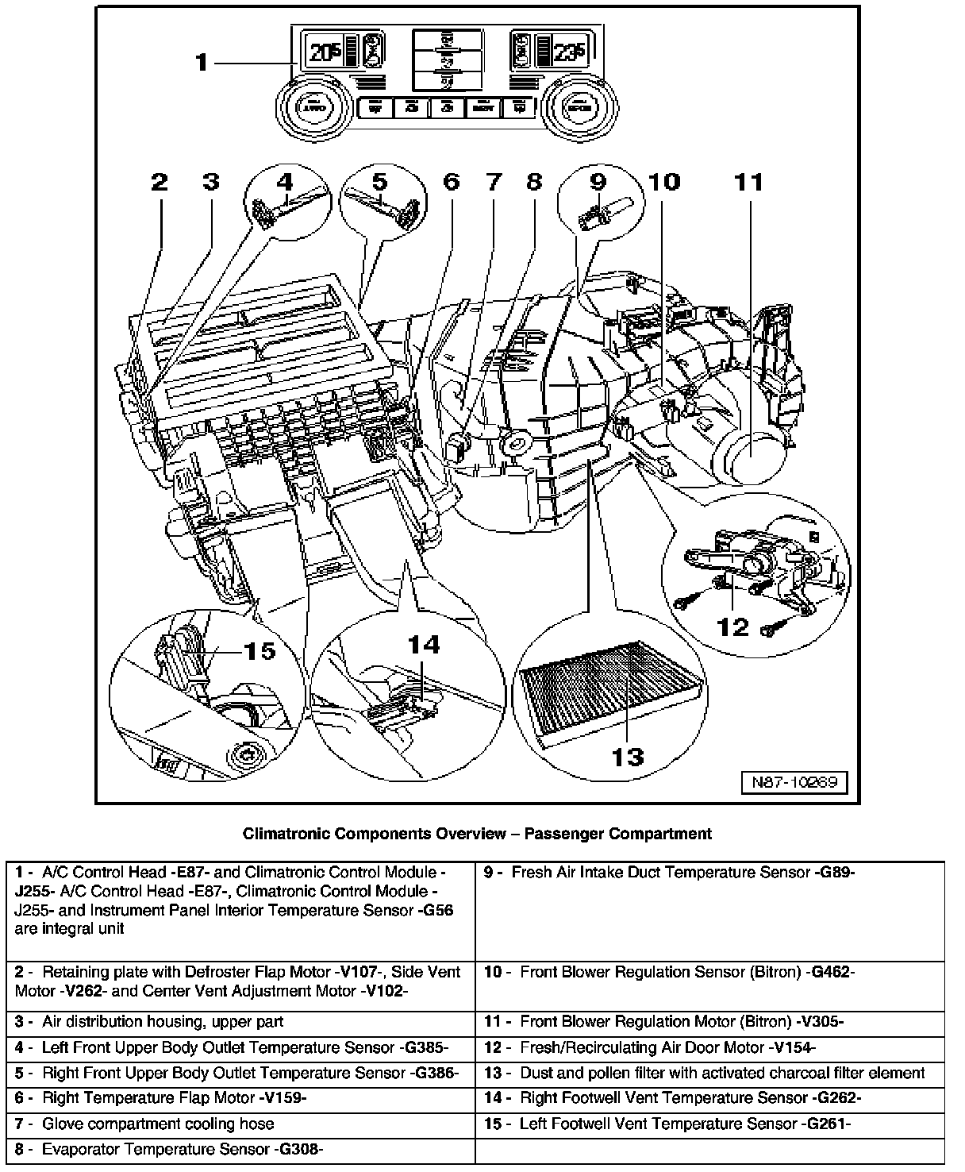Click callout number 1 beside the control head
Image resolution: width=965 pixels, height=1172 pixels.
point(202,61)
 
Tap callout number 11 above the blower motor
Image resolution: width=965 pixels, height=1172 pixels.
point(748,183)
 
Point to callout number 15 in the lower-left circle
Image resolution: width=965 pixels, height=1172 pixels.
point(258,651)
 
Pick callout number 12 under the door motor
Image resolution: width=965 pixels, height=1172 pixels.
point(732,627)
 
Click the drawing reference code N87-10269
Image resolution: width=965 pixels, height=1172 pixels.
point(794,782)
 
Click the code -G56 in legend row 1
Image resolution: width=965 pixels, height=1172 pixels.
point(435,911)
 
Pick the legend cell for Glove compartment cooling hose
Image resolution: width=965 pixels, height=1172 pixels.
point(158,1124)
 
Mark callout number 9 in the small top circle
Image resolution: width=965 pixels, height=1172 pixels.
point(598,182)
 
